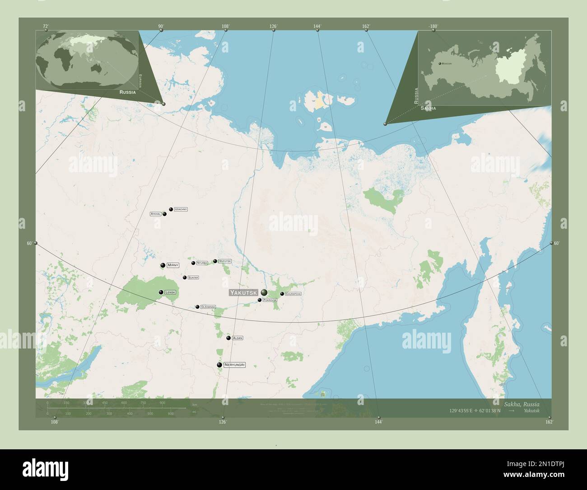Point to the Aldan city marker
tap(228, 338)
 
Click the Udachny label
tap(181, 209)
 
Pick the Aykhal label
tap(156, 214)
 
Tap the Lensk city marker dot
tap(161, 292)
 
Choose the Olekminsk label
tap(208, 307)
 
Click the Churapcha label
tap(293, 294)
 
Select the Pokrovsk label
tap(270, 300)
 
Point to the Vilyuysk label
tap(225, 261)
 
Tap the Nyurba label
tap(202, 263)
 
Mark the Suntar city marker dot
tap(185, 277)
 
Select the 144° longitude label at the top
tap(317, 27)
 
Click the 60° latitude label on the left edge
tap(30, 243)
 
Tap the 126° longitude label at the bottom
tap(223, 422)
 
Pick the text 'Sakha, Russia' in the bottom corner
tap(522, 404)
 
